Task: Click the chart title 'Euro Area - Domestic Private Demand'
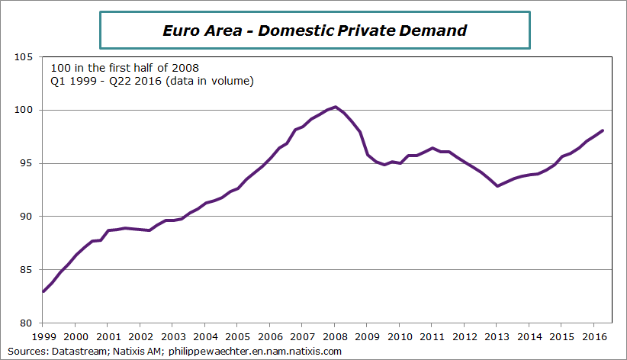click(x=314, y=31)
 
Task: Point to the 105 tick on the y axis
click(x=24, y=57)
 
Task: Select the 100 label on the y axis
click(x=24, y=111)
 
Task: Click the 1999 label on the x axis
click(x=43, y=336)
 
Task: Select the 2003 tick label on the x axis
click(x=172, y=336)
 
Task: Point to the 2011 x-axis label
click(x=432, y=336)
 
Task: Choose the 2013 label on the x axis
click(x=497, y=336)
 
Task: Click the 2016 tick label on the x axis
click(x=593, y=336)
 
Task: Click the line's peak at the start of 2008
click(x=336, y=107)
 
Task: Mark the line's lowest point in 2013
click(x=497, y=185)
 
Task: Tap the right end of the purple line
click(x=603, y=130)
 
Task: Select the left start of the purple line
click(x=43, y=291)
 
